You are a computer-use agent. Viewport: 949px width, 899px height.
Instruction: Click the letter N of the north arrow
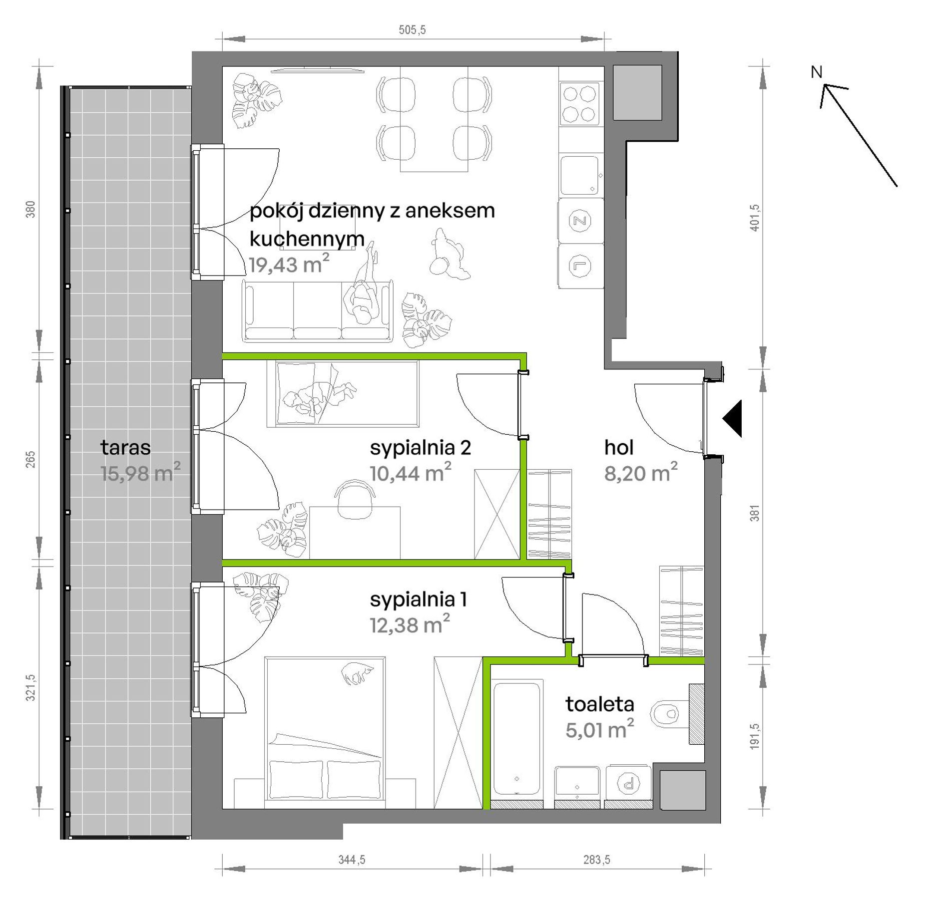[816, 72]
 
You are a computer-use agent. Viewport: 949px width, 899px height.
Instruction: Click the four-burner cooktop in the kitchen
[579, 103]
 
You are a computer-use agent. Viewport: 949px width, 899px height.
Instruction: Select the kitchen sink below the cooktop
[579, 175]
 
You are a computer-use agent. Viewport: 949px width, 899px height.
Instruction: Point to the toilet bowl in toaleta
[667, 713]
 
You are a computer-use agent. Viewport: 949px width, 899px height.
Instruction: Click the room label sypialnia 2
[420, 447]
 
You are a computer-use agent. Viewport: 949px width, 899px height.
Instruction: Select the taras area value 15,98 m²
[140, 473]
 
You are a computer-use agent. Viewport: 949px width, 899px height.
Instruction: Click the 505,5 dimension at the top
[412, 30]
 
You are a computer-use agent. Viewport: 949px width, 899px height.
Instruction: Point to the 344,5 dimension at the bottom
[352, 860]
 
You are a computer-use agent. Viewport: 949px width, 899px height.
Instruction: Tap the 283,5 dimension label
[597, 860]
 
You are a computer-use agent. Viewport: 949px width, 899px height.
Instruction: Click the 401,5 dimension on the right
[754, 218]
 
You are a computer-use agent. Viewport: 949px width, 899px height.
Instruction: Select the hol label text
[619, 447]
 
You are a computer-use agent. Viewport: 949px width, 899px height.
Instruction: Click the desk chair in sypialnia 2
[355, 499]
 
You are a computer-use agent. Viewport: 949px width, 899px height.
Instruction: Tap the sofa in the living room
[318, 311]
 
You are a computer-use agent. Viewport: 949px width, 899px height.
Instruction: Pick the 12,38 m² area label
[410, 624]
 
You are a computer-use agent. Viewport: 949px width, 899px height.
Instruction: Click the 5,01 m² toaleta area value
[599, 730]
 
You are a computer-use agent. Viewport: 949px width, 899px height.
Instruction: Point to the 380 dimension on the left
[31, 209]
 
